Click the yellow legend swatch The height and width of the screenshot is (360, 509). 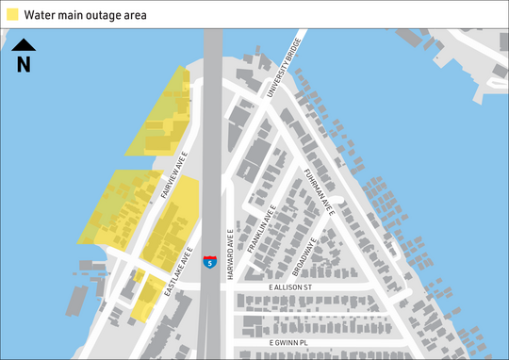[x=12, y=14]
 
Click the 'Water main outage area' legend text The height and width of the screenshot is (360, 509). [x=85, y=14]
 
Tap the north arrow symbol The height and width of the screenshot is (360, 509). [x=24, y=44]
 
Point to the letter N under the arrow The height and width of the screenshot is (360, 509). [x=24, y=64]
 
